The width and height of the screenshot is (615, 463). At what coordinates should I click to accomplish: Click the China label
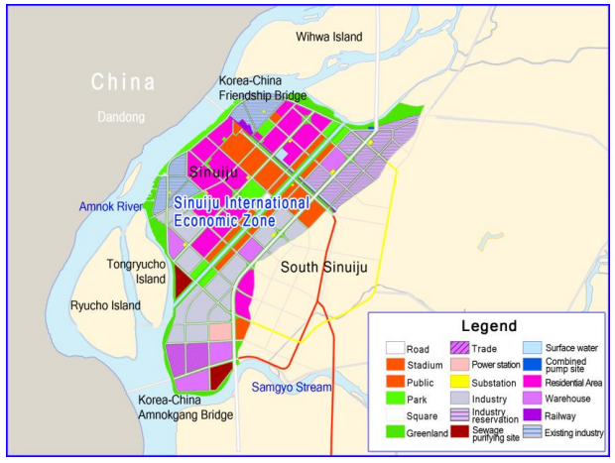[123, 81]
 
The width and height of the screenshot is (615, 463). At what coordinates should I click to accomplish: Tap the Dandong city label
[122, 117]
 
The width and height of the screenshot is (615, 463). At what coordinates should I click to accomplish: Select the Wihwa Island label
[329, 37]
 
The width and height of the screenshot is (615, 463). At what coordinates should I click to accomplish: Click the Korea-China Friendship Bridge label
[263, 87]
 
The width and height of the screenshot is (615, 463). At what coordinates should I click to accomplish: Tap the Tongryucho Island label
[137, 272]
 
